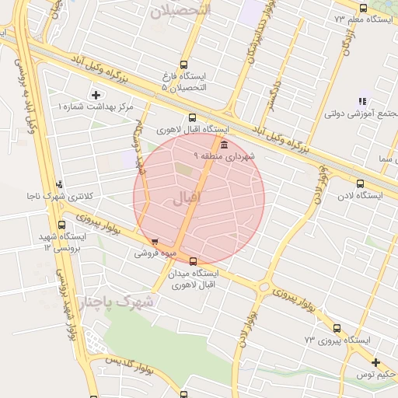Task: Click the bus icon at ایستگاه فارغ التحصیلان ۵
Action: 183,65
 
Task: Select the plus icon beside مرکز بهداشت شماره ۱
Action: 96,94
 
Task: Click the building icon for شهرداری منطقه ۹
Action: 224,145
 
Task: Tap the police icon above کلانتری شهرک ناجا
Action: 59,184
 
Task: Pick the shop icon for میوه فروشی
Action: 156,242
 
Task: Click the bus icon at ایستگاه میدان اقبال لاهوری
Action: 193,261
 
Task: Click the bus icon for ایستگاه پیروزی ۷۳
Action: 337,328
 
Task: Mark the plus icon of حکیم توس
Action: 375,362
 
